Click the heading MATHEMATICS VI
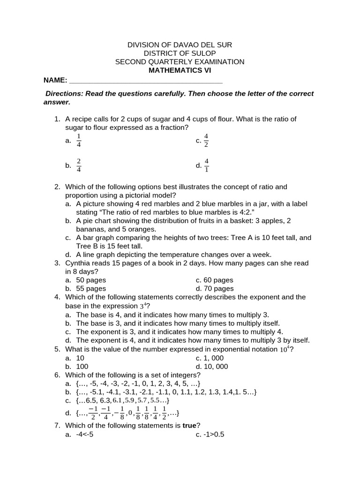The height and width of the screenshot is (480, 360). coord(180,70)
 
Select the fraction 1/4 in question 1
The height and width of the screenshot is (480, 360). coord(79,140)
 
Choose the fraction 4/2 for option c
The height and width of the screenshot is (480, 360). coord(206,140)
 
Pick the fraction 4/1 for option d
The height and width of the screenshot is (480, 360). coord(206,165)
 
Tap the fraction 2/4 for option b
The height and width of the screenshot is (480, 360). coord(79,165)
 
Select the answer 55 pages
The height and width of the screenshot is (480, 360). coord(91,289)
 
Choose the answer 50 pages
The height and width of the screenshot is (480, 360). coord(91,280)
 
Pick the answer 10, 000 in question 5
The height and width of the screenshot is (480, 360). coord(215,367)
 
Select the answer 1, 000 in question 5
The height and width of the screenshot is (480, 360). coord(213,358)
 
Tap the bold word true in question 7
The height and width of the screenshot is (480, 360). coord(189,426)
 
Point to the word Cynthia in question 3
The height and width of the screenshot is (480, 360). coord(79,263)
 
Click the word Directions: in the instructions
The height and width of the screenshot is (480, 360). coord(64,93)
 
